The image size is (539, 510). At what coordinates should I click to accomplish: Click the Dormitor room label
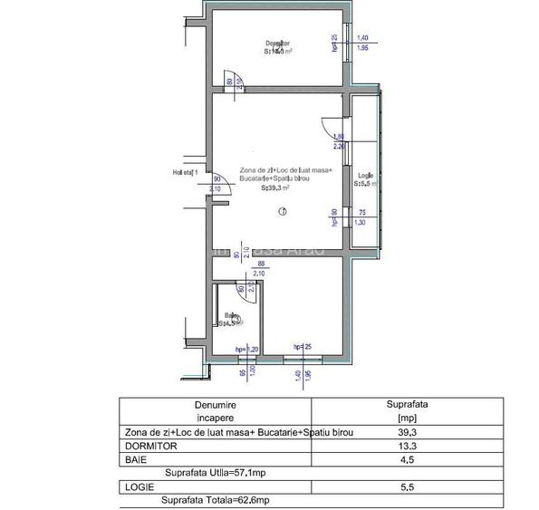click(278, 43)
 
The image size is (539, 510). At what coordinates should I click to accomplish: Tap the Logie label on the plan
click(364, 176)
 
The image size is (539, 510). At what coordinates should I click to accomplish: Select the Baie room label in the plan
click(232, 315)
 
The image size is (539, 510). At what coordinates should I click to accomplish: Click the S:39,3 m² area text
click(275, 189)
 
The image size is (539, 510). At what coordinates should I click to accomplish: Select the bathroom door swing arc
click(245, 288)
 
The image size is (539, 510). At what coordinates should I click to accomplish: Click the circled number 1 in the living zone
click(283, 212)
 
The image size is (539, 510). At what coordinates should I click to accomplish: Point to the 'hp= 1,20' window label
click(247, 349)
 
